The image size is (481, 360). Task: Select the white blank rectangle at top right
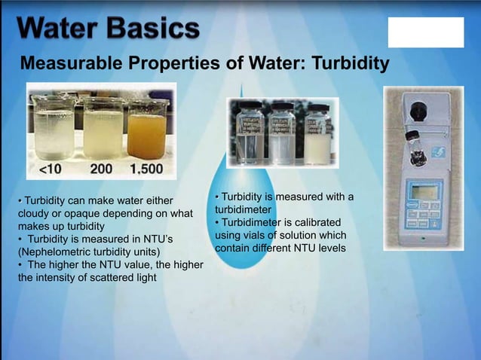pyautogui.click(x=426, y=32)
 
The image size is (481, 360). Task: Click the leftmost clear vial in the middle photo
pyautogui.click(x=250, y=133)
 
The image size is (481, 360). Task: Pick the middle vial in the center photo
pyautogui.click(x=282, y=133)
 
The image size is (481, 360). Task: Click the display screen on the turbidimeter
pyautogui.click(x=425, y=192)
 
